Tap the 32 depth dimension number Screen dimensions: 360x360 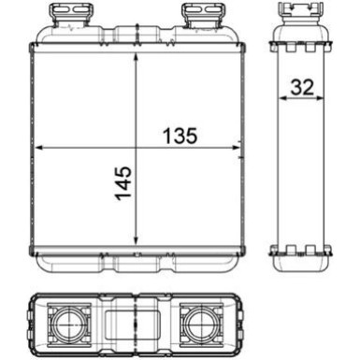coord(300,88)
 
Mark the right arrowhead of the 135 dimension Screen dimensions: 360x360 coord(235,149)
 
